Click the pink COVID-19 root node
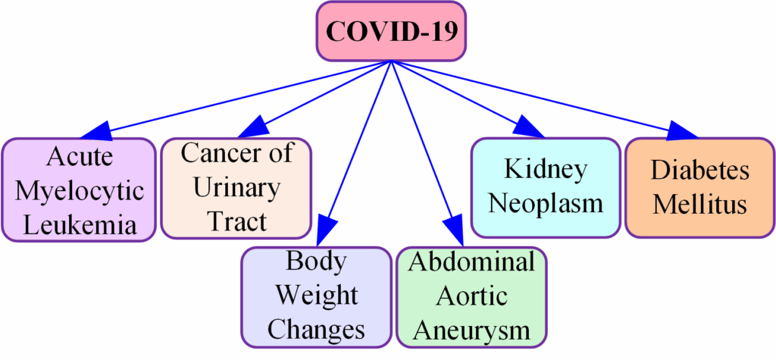pos(391,31)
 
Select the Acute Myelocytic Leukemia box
pos(78,190)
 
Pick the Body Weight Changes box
pos(317,299)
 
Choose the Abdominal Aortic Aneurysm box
pos(471,299)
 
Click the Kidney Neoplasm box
pos(546,188)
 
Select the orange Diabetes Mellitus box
pos(699,188)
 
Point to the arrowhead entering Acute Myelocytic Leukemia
pos(95,131)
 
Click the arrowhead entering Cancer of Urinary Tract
pos(253,127)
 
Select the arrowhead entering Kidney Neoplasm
pos(529,127)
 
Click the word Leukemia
pos(81,225)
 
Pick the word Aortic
pos(472,298)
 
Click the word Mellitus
pos(699,205)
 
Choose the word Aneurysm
pos(472,329)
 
